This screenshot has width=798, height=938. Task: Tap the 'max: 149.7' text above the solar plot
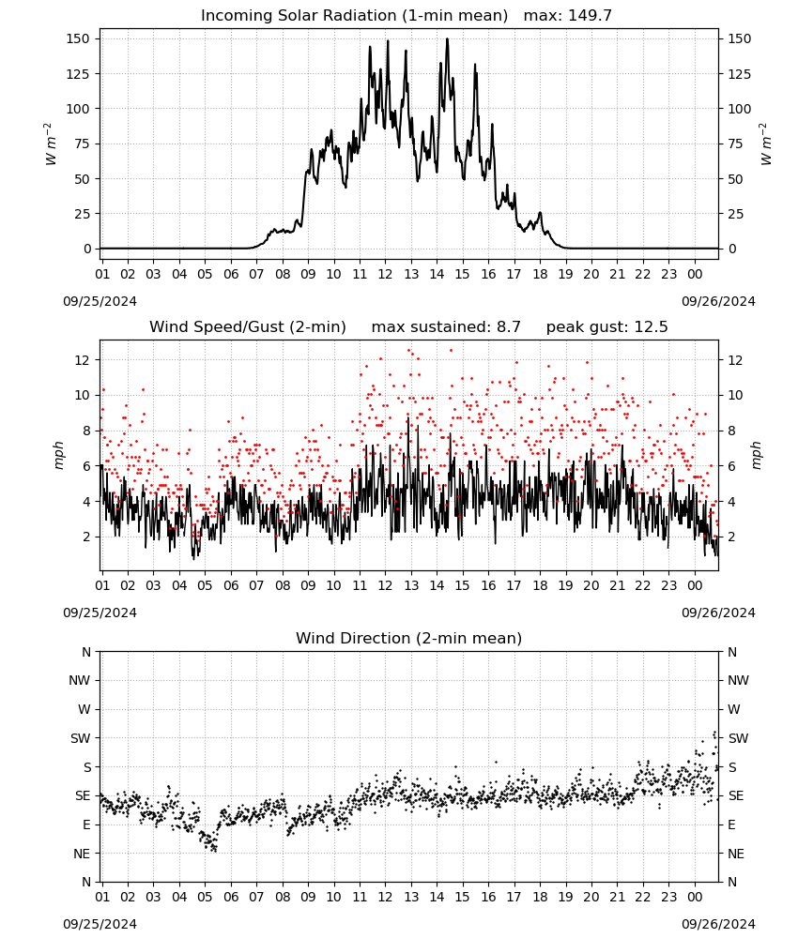point(568,15)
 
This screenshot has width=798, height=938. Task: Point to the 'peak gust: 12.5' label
point(606,327)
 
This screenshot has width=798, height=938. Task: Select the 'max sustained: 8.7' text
point(446,327)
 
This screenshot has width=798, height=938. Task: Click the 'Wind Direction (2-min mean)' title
point(409,638)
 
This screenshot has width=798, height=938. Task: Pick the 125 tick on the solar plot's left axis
point(79,74)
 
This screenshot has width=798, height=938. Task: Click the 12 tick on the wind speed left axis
point(83,360)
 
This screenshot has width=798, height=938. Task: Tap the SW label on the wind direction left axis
point(80,738)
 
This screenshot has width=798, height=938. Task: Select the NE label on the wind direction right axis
point(736,854)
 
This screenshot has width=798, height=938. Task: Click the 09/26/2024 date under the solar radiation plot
point(718,301)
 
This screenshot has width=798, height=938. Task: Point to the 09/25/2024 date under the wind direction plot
point(100,924)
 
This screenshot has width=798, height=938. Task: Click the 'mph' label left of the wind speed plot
point(59,455)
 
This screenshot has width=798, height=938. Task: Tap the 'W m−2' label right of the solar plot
point(766,144)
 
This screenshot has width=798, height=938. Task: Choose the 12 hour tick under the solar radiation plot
point(385,274)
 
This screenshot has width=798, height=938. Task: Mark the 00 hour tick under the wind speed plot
point(695,585)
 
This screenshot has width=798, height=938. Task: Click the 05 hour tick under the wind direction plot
point(205,897)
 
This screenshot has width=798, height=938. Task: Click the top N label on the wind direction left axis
point(86,652)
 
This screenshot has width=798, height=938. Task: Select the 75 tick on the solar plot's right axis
point(735,144)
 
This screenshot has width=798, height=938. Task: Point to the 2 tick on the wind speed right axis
point(731,537)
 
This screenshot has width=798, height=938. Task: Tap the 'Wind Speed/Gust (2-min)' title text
point(247,327)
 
